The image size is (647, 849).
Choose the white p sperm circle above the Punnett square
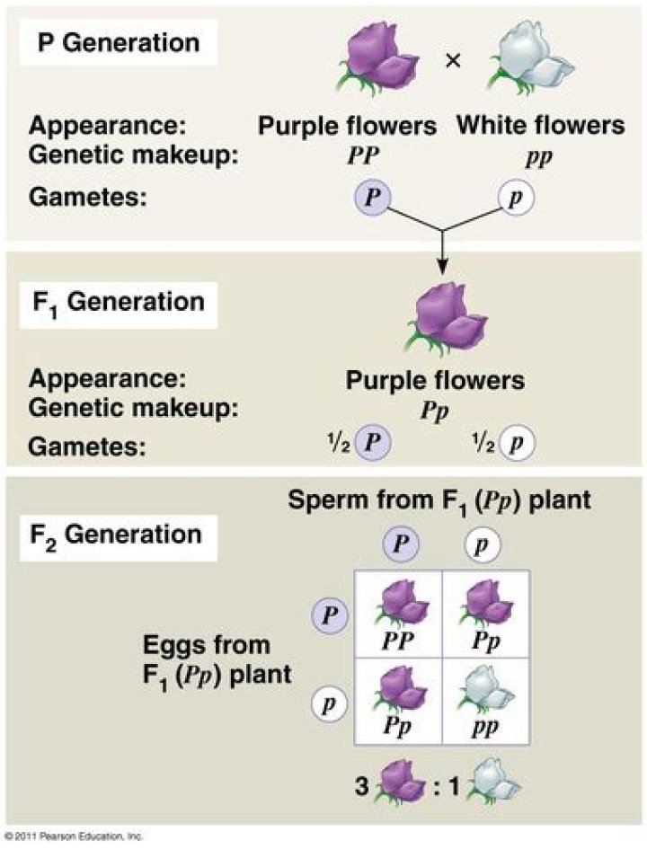(483, 544)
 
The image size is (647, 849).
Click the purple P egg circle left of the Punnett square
(330, 616)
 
